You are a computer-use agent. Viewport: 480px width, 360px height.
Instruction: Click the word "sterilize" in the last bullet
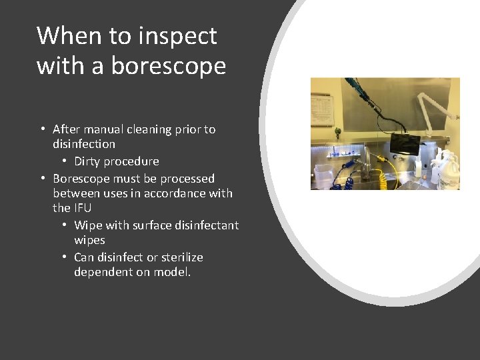pyautogui.click(x=180, y=257)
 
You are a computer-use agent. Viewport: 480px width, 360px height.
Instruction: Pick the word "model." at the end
pyautogui.click(x=172, y=272)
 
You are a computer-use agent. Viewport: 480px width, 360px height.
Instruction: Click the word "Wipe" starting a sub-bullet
pyautogui.click(x=87, y=225)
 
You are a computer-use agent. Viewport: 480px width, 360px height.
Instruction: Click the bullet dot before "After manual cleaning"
pyautogui.click(x=42, y=129)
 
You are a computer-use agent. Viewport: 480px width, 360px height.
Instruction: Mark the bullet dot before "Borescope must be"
pyautogui.click(x=42, y=179)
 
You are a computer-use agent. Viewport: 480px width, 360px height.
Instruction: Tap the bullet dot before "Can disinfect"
pyautogui.click(x=64, y=257)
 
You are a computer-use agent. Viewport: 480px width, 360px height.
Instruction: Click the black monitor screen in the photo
pyautogui.click(x=405, y=143)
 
